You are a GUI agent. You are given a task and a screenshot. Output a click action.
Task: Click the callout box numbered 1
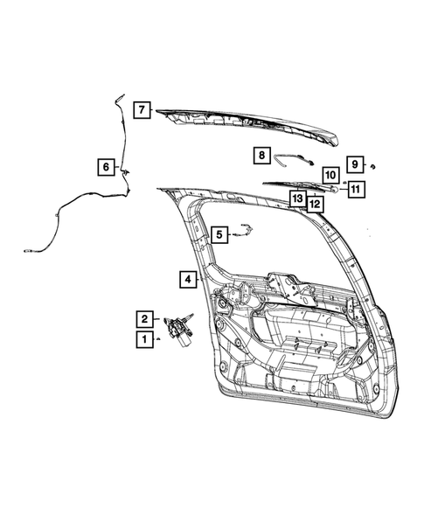coord(142,338)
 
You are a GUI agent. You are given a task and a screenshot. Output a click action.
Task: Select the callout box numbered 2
coord(142,318)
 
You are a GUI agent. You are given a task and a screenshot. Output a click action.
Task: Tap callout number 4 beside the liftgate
coord(188,280)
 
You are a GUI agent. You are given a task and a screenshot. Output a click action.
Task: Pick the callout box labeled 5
coord(218,233)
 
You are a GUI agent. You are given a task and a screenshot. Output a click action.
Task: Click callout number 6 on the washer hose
coord(106,166)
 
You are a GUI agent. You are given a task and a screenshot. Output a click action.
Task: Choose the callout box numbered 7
coord(141,110)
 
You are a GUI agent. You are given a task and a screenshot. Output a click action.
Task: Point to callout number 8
coord(261,155)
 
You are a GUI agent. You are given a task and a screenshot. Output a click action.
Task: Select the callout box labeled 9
coord(355,164)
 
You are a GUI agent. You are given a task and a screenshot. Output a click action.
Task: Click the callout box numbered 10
coord(330,174)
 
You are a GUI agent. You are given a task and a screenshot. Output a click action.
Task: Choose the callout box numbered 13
coord(298,198)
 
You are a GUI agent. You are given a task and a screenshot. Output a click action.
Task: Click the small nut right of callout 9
coord(372,165)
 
